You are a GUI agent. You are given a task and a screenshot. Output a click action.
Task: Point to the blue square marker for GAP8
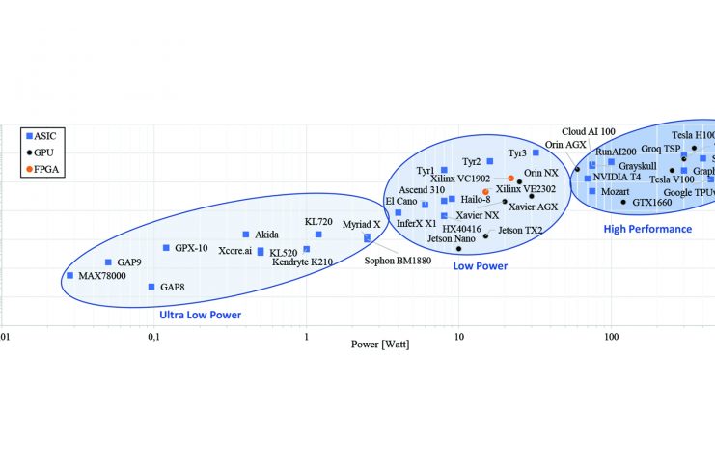point(151,287)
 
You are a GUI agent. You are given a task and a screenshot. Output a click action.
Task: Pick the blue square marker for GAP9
point(108,262)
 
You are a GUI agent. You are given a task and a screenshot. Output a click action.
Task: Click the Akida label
point(266,234)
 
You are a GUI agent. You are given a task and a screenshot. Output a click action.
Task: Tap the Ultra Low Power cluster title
point(200,315)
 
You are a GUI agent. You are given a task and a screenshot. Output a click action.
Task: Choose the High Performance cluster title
point(647,229)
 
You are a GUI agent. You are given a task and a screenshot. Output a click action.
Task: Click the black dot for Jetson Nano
point(459,249)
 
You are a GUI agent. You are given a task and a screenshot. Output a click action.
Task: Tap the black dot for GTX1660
point(623,203)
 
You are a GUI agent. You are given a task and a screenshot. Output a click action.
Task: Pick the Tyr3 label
point(517,153)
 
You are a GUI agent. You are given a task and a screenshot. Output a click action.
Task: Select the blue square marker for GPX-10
point(166,248)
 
